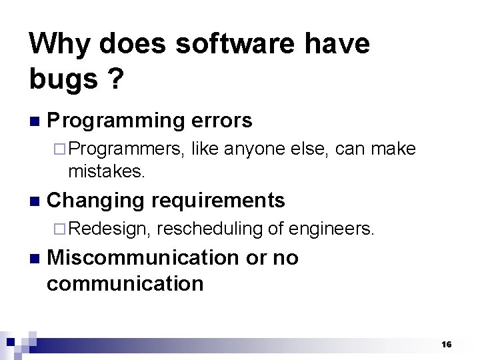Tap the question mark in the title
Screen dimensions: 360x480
tap(115, 79)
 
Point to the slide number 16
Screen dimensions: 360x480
tap(446, 344)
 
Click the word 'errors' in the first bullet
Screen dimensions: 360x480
tap(221, 121)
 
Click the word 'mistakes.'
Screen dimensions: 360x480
tap(106, 171)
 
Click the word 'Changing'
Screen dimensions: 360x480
tap(96, 200)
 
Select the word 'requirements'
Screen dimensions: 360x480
tap(219, 200)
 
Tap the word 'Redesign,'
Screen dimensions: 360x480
tap(109, 229)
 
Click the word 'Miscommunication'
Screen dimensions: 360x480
tap(143, 257)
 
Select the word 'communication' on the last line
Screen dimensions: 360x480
tap(125, 283)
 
